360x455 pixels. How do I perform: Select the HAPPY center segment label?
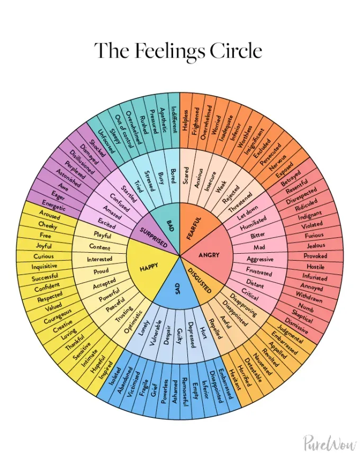(x=149, y=268)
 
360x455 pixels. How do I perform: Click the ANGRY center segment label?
(x=209, y=255)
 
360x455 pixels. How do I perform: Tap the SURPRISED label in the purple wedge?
(x=154, y=237)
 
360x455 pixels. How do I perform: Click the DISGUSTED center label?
(x=200, y=280)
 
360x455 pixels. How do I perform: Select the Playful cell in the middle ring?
(x=103, y=234)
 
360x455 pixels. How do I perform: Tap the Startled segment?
(x=129, y=193)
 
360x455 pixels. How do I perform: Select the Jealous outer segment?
(x=316, y=245)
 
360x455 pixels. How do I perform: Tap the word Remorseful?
(x=183, y=391)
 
